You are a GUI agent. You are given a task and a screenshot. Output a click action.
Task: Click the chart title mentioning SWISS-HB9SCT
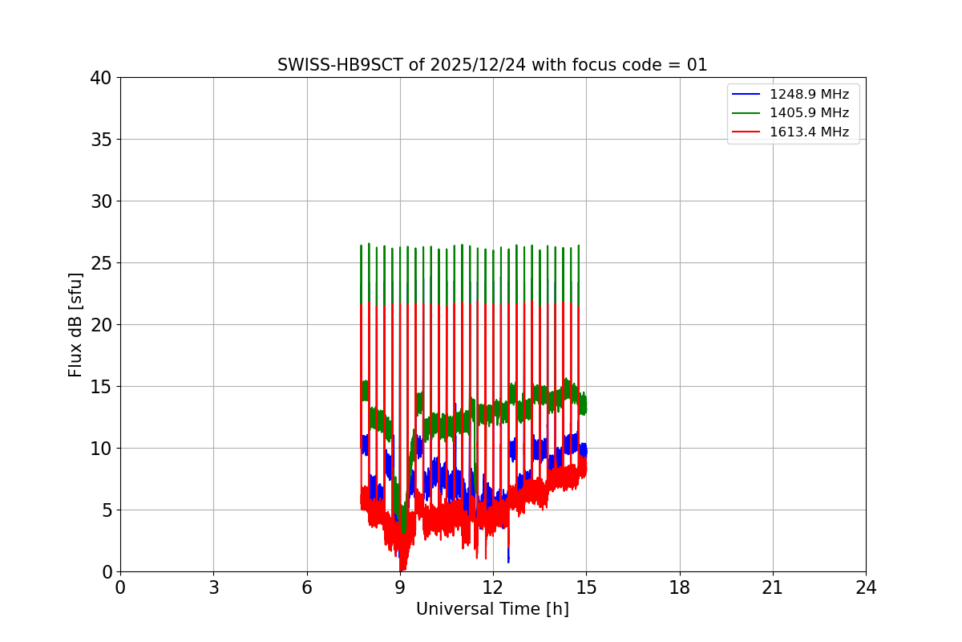[492, 65]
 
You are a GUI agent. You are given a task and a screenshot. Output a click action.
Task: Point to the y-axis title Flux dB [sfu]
[75, 324]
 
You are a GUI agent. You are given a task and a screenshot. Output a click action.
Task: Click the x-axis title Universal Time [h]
[492, 609]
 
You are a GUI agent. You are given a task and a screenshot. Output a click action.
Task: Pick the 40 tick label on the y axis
[101, 78]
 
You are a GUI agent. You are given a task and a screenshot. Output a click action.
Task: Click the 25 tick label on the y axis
[101, 263]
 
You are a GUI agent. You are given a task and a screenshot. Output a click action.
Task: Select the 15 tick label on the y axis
[101, 387]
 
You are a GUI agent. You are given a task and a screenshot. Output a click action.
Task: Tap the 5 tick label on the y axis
[106, 510]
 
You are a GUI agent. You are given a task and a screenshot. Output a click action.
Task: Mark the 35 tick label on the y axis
[101, 140]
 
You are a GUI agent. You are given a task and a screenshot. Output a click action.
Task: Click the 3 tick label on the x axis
[213, 588]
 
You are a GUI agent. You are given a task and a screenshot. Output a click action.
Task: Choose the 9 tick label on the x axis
[400, 588]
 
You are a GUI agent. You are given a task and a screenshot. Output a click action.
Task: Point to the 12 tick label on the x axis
[493, 588]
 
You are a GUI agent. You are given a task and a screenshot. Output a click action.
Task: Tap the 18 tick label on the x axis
[680, 588]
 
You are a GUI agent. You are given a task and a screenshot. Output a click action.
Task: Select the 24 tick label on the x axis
[866, 588]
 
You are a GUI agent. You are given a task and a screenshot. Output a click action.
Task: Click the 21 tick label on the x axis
[773, 588]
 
